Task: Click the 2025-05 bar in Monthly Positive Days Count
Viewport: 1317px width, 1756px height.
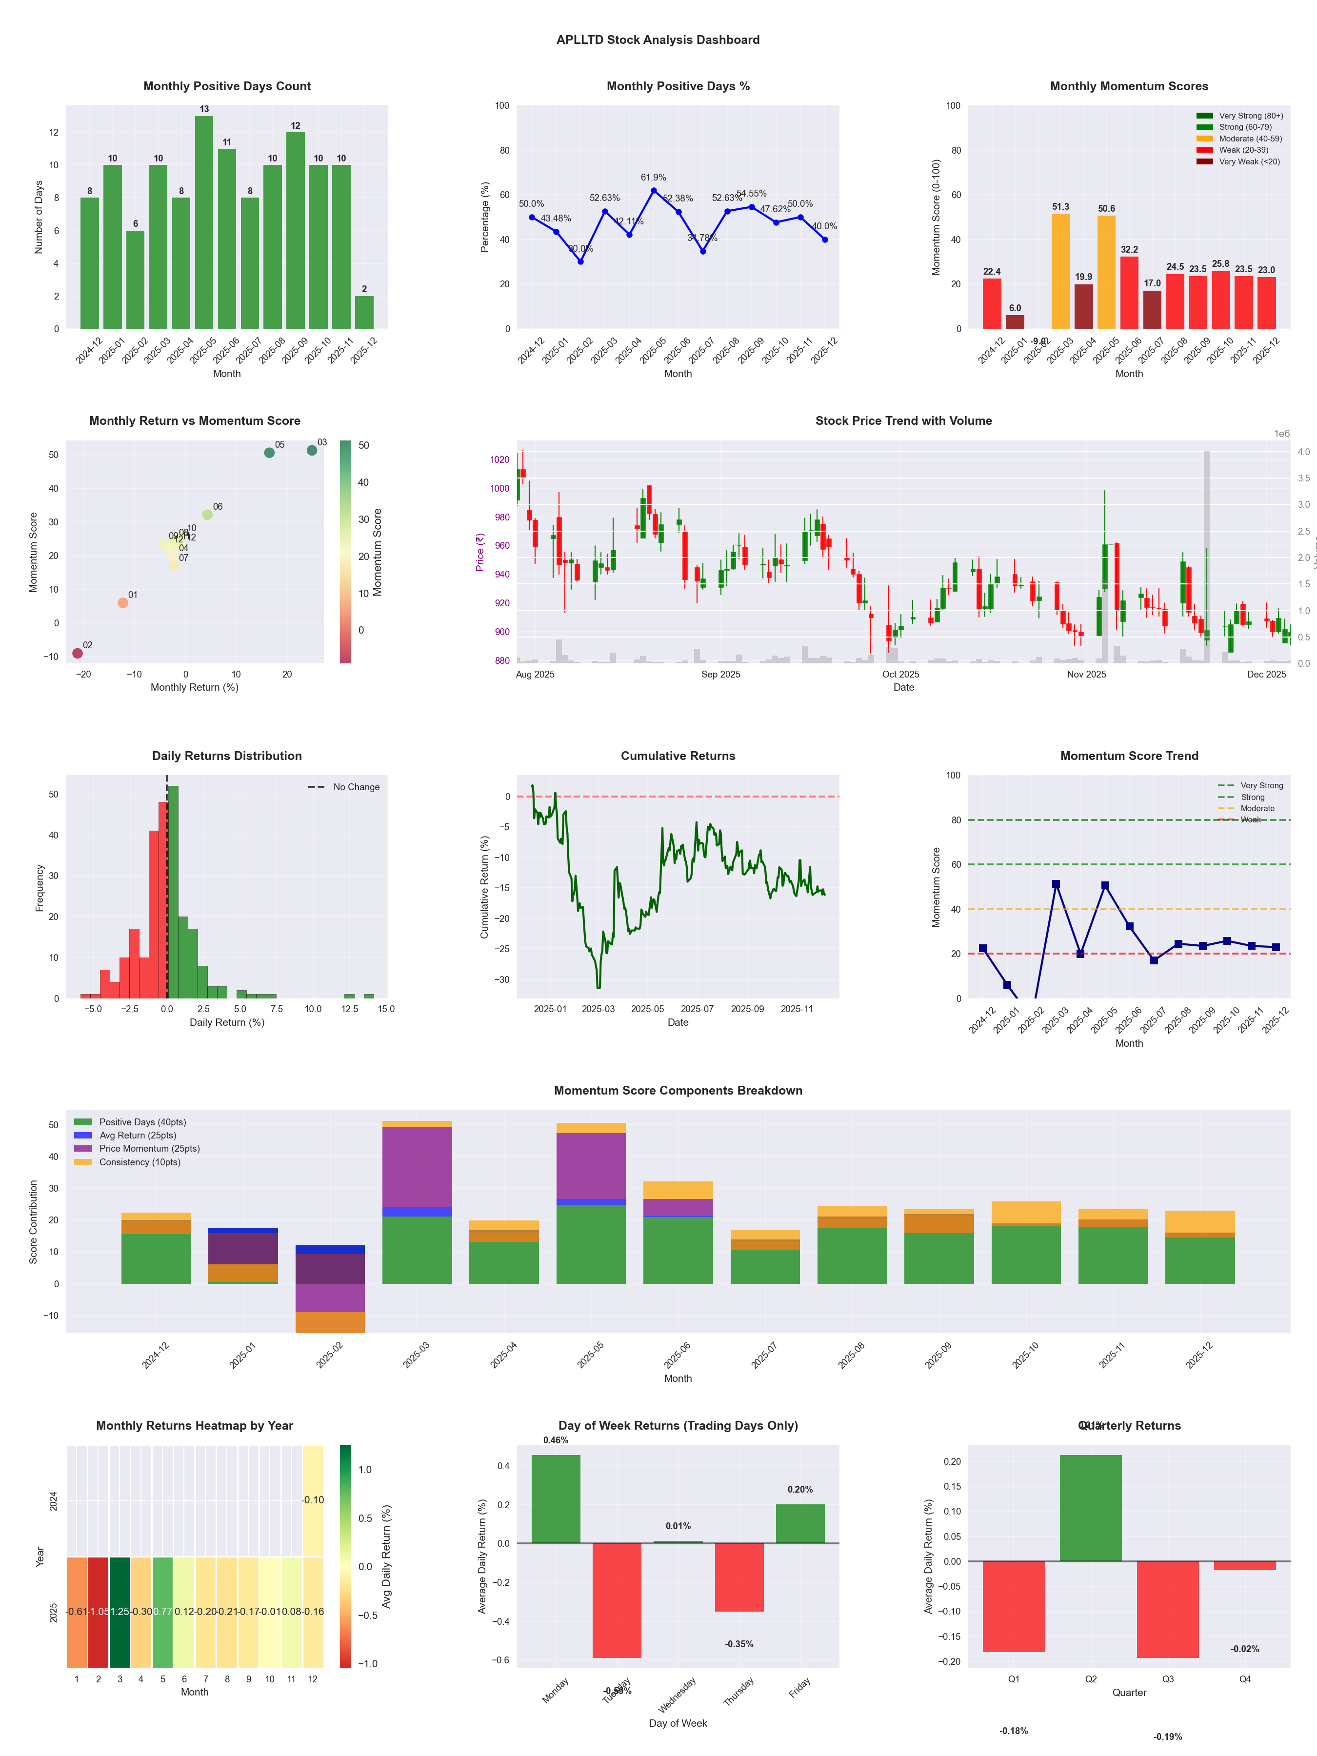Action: (x=204, y=222)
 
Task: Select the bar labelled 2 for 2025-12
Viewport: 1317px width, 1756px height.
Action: (x=364, y=313)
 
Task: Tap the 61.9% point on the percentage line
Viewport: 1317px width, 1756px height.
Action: (x=653, y=191)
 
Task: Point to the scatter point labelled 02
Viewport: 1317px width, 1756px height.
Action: (x=77, y=653)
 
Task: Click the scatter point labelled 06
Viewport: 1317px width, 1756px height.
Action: (x=207, y=515)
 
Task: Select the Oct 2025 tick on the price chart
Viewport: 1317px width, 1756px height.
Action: (x=900, y=675)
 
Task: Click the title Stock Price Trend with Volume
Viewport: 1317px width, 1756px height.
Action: (x=903, y=421)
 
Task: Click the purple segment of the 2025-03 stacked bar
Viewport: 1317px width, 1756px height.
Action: (x=417, y=1167)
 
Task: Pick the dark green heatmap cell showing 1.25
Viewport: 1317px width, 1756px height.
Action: (x=120, y=1612)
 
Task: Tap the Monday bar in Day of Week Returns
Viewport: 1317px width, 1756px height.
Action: (x=556, y=1499)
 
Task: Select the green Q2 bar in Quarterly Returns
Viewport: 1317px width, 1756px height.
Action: (x=1090, y=1508)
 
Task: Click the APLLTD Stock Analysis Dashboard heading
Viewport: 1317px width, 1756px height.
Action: (x=658, y=40)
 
